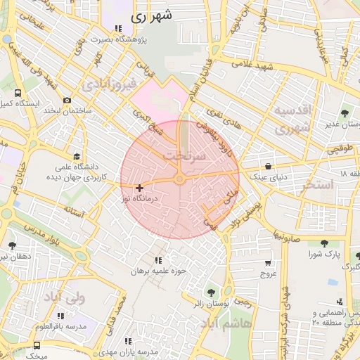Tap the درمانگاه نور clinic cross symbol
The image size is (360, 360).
pos(140,188)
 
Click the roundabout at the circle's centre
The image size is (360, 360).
pos(180,180)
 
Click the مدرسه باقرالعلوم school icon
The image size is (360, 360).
pos(60,316)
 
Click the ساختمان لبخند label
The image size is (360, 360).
pos(82,111)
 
